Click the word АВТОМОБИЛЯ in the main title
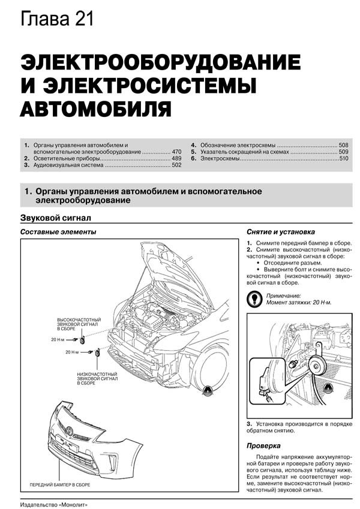pyautogui.click(x=95, y=109)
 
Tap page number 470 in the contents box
pyautogui.click(x=176, y=152)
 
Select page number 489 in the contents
pyautogui.click(x=176, y=158)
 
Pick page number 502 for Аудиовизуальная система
pyautogui.click(x=176, y=165)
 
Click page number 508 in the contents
pyautogui.click(x=343, y=145)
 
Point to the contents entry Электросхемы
pyautogui.click(x=220, y=158)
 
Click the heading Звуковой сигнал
pyautogui.click(x=56, y=218)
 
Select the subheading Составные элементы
pyautogui.click(x=58, y=232)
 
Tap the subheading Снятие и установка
pyautogui.click(x=281, y=232)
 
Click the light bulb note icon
pyautogui.click(x=254, y=299)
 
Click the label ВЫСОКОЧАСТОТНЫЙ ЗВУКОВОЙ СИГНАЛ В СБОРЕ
pyautogui.click(x=79, y=324)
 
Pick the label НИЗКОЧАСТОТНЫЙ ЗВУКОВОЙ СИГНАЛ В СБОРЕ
pyautogui.click(x=97, y=378)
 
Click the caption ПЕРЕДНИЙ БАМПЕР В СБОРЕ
pyautogui.click(x=60, y=484)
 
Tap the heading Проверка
pyautogui.click(x=263, y=445)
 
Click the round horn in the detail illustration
pyautogui.click(x=316, y=365)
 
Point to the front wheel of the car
pyautogui.click(x=211, y=369)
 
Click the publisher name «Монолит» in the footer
pyautogui.click(x=73, y=505)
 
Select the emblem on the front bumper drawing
pyautogui.click(x=69, y=432)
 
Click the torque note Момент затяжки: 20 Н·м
pyautogui.click(x=299, y=302)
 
